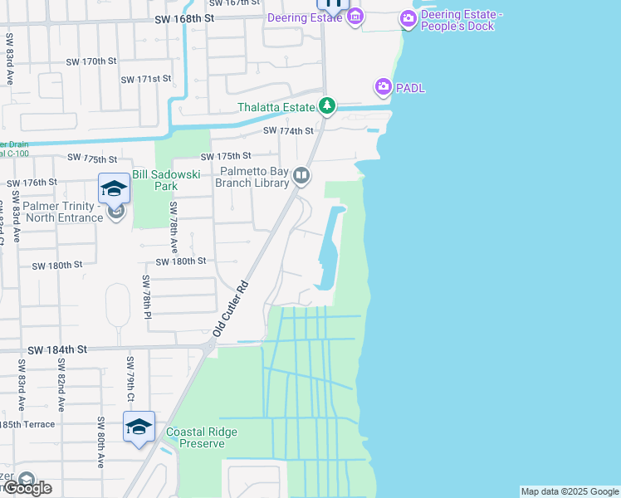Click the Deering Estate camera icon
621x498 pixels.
coord(355,17)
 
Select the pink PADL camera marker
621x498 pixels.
coord(383,86)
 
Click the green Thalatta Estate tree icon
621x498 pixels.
coord(328,106)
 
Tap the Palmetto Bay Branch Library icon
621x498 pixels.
coord(301,175)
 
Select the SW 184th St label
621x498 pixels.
coord(56,350)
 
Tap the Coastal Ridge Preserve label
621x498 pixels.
coord(201,437)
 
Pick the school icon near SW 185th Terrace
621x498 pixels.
coord(139,427)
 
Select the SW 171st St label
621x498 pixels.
coord(145,79)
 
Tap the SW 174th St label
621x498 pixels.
coord(288,131)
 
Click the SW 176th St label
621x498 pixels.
coord(32,183)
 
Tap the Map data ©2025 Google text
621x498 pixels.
coord(570,491)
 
